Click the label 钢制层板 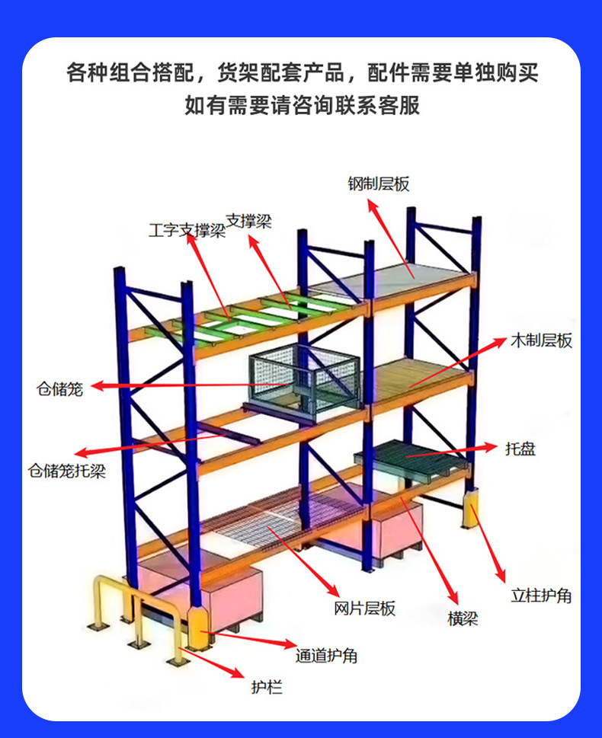(x=379, y=184)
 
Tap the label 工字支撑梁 (x=187, y=231)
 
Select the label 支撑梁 (x=248, y=222)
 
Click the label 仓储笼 (x=59, y=388)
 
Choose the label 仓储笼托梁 (x=66, y=471)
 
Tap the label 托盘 (x=520, y=449)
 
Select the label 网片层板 (x=365, y=609)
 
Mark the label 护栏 (x=267, y=688)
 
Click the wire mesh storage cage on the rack (x=305, y=379)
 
